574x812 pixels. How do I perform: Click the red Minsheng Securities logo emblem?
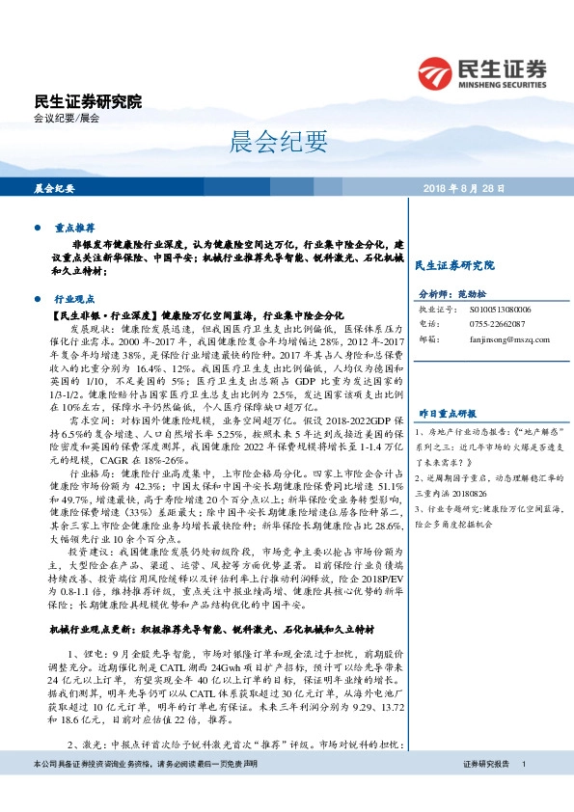tap(437, 71)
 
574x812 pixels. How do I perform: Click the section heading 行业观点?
tap(73, 300)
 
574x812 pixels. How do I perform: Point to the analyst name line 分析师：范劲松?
tap(450, 293)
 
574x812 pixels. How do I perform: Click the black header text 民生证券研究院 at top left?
tap(88, 101)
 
